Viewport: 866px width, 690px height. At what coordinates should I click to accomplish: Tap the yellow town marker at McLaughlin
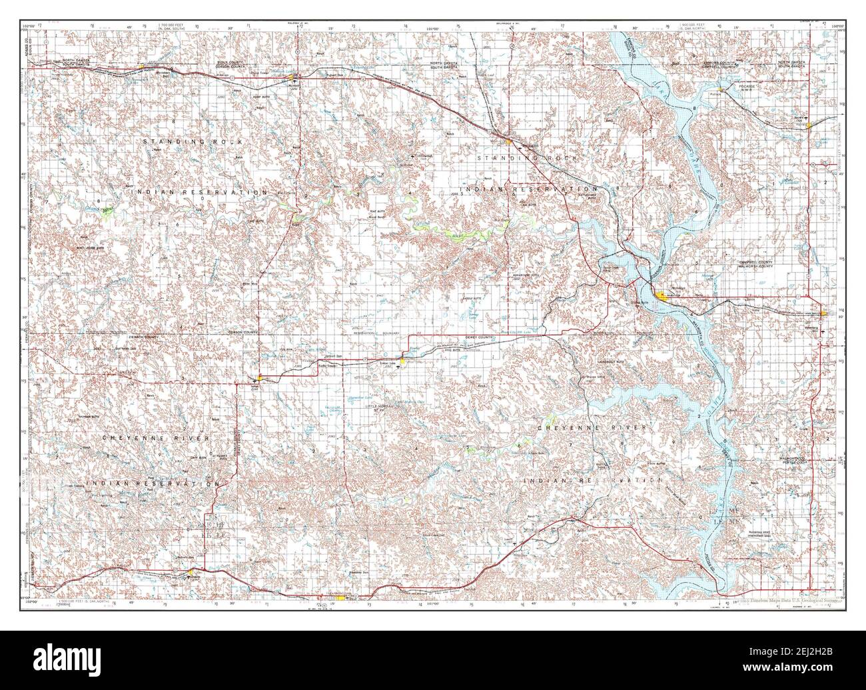tap(508, 141)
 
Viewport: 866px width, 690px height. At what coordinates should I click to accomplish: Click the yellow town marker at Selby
tap(823, 313)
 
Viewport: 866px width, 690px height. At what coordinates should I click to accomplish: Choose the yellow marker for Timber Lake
tap(402, 361)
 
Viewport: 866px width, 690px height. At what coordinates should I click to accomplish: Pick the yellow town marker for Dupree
tap(191, 571)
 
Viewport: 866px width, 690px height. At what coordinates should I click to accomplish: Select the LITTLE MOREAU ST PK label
tap(380, 407)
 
